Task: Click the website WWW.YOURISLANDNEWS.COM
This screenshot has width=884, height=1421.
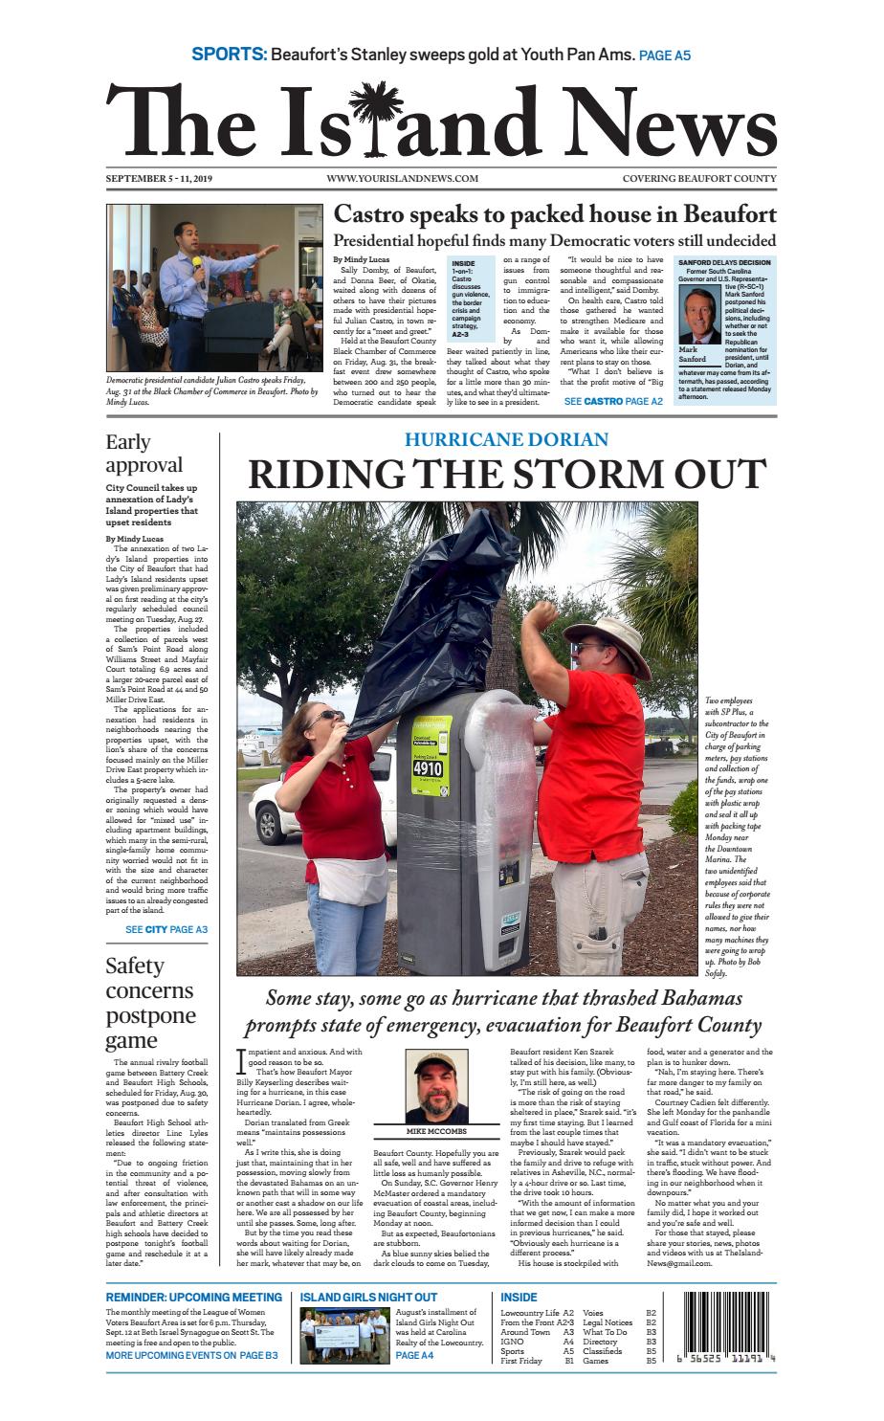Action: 402,179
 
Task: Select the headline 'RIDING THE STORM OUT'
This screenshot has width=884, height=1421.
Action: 507,475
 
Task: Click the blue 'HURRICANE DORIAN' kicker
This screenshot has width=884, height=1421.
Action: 506,439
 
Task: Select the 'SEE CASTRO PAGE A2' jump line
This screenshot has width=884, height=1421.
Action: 612,402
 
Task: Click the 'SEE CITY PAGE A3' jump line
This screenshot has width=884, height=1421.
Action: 166,929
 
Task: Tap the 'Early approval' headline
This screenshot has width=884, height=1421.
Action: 144,454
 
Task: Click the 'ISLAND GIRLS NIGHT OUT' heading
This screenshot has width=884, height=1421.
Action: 368,1297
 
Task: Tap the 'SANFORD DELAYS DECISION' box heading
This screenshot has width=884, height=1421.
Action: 724,261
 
